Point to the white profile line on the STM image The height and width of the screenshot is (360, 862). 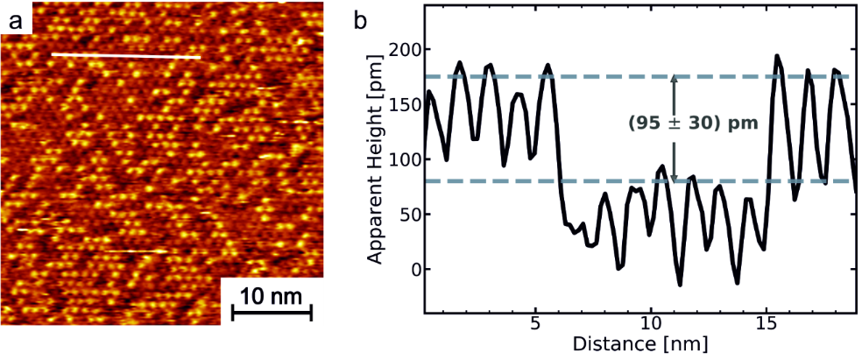pos(126,56)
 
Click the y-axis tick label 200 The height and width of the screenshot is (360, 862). pos(401,50)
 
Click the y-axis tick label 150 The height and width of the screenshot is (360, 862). pos(401,105)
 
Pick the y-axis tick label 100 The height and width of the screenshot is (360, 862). pos(401,159)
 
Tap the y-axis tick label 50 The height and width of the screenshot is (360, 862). pos(405,215)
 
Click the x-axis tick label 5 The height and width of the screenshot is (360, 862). pos(535,323)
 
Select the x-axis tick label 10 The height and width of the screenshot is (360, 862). pos(649,323)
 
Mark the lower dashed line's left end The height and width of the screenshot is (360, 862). pos(426,181)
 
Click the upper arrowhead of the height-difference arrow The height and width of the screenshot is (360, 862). pos(674,80)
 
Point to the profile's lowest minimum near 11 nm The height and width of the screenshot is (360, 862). pos(680,284)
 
